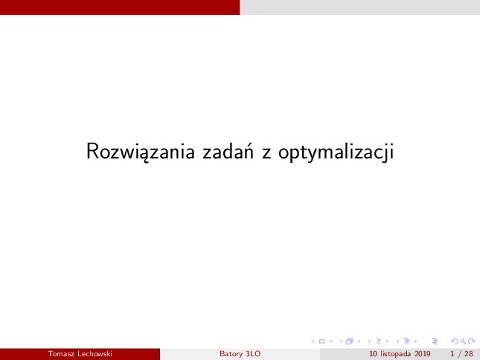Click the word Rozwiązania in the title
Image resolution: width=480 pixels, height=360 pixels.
point(141,152)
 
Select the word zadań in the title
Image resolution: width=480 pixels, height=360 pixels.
point(228,151)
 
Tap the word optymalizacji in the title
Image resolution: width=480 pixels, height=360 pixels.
point(336,152)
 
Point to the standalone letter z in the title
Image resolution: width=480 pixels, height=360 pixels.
point(266,153)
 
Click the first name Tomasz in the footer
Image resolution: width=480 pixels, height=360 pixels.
point(61,354)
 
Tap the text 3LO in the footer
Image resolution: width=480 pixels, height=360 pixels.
point(253,354)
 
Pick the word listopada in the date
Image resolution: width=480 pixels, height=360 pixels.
point(396,354)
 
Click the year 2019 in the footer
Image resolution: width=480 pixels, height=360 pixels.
point(423,354)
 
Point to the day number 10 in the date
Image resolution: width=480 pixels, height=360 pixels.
point(373,354)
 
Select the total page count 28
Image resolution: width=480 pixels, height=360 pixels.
point(469,354)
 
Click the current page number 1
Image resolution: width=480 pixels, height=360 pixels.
point(452,354)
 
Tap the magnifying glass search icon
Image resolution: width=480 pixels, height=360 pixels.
point(464,341)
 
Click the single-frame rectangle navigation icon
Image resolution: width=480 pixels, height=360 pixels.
point(321,341)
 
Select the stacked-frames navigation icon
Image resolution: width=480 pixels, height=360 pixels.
point(350,341)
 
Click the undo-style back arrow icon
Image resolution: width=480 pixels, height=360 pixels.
point(455,341)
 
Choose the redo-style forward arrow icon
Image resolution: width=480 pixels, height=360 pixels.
point(472,341)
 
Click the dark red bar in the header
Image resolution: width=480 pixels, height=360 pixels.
point(120,7)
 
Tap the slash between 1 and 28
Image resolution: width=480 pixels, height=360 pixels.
point(459,354)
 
